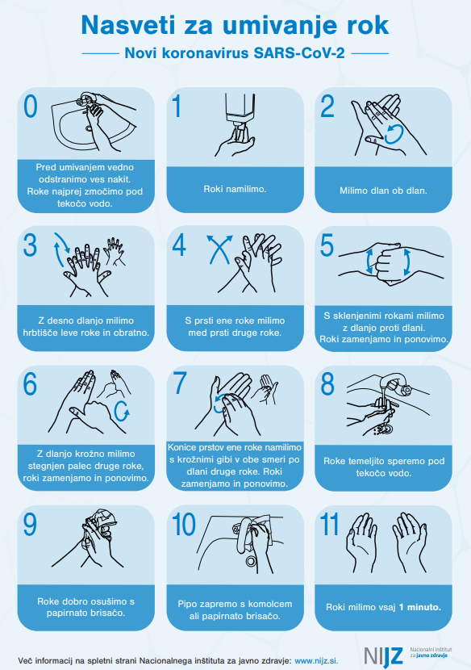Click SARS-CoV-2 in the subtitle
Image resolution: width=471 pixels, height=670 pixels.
point(299,53)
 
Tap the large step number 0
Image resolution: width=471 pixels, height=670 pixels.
point(31,107)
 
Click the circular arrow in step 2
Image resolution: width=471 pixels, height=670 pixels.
point(394,134)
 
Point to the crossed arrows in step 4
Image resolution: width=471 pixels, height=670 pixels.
point(219,249)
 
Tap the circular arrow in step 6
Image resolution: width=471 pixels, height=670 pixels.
point(122,411)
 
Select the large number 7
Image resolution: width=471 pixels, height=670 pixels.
point(179,383)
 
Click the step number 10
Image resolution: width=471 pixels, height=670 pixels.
point(184,524)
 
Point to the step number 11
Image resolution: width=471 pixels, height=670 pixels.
point(329,524)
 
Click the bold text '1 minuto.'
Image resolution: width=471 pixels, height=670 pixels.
point(419,607)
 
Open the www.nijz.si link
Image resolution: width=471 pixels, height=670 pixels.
point(316,660)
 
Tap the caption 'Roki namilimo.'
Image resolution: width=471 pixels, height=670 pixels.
point(235,189)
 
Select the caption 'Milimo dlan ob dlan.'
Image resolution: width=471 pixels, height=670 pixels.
point(383,191)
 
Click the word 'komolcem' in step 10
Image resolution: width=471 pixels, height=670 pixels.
point(271,604)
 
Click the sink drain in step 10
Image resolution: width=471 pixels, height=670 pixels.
point(251,559)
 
